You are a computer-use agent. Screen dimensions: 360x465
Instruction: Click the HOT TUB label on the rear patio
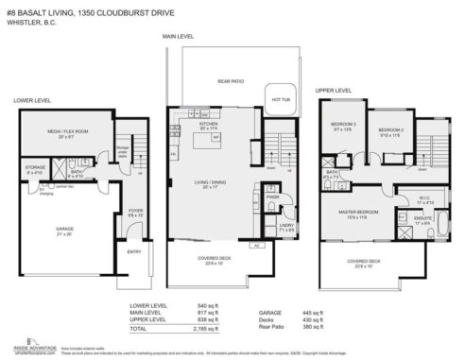(x=281, y=98)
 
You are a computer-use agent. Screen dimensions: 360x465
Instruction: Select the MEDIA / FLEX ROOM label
(x=64, y=133)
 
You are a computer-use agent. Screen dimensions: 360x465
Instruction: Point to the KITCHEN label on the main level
(x=208, y=125)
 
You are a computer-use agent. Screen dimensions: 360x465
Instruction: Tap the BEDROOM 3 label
(x=343, y=125)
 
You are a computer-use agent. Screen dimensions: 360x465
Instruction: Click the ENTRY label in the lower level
(x=133, y=250)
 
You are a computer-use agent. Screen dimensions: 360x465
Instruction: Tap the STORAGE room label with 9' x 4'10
(x=36, y=169)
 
